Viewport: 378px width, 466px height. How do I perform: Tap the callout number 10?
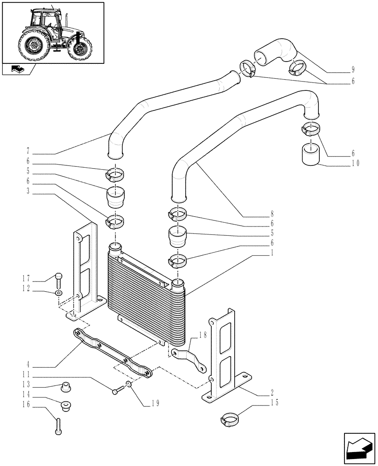point(357,163)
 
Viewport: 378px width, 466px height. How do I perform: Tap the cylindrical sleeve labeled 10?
point(309,154)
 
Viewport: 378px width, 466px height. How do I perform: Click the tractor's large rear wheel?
point(33,46)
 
